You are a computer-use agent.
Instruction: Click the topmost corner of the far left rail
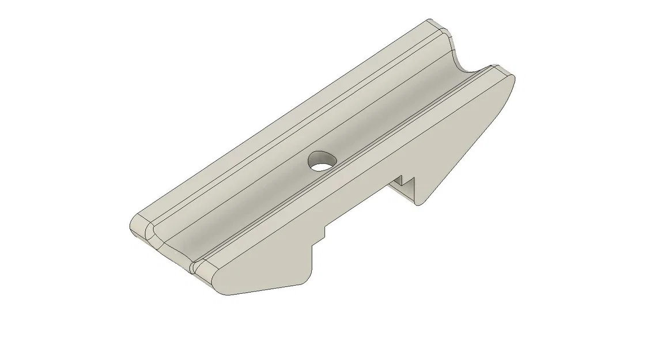[429, 21]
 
